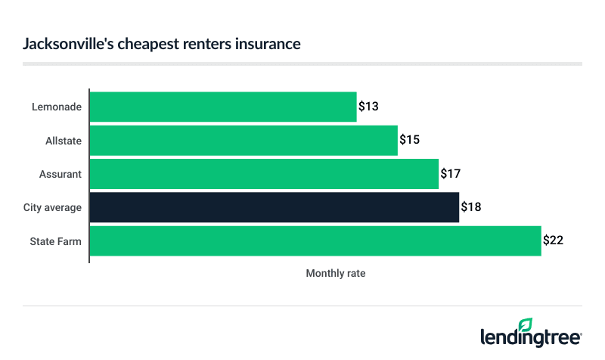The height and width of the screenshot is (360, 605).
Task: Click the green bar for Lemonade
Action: [223, 107]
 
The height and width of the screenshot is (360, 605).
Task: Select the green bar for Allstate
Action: [244, 140]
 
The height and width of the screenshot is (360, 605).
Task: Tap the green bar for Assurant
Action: [264, 174]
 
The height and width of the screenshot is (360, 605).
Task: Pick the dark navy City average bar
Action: [275, 207]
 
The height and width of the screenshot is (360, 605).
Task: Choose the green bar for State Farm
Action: [315, 241]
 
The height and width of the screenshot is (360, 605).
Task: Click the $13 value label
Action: [368, 107]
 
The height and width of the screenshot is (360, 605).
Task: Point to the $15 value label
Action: [409, 140]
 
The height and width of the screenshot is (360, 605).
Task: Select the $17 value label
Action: [451, 174]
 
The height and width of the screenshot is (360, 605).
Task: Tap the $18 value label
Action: [471, 207]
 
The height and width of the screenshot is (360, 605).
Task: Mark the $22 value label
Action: [554, 241]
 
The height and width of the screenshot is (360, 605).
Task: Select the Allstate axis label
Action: [64, 140]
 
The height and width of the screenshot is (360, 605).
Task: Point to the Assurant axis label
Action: [61, 174]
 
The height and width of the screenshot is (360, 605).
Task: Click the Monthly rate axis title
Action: [335, 273]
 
